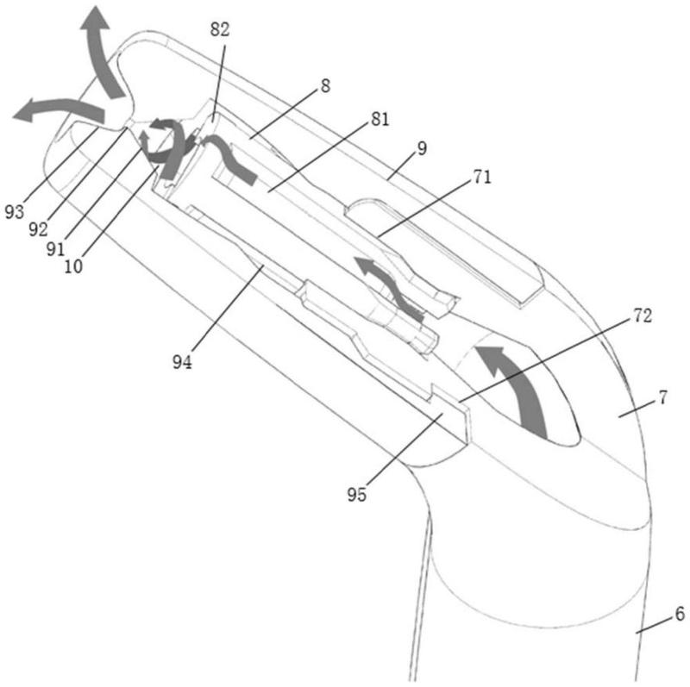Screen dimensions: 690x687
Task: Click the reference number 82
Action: click(x=220, y=30)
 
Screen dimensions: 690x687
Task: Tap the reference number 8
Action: click(x=325, y=85)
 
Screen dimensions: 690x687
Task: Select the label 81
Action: click(x=380, y=119)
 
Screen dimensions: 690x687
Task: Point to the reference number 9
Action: click(x=422, y=148)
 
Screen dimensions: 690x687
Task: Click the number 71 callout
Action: click(x=482, y=177)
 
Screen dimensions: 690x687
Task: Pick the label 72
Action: click(x=642, y=315)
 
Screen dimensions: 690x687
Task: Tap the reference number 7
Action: click(x=662, y=397)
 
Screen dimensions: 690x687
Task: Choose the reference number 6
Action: click(x=680, y=614)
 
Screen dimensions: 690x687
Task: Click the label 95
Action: click(x=356, y=495)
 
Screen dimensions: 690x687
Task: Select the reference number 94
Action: click(x=182, y=362)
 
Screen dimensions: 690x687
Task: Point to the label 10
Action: click(x=73, y=266)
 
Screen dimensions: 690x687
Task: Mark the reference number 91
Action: click(x=55, y=249)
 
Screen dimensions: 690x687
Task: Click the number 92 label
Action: click(x=38, y=229)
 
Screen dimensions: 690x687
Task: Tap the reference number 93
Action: click(x=14, y=212)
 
